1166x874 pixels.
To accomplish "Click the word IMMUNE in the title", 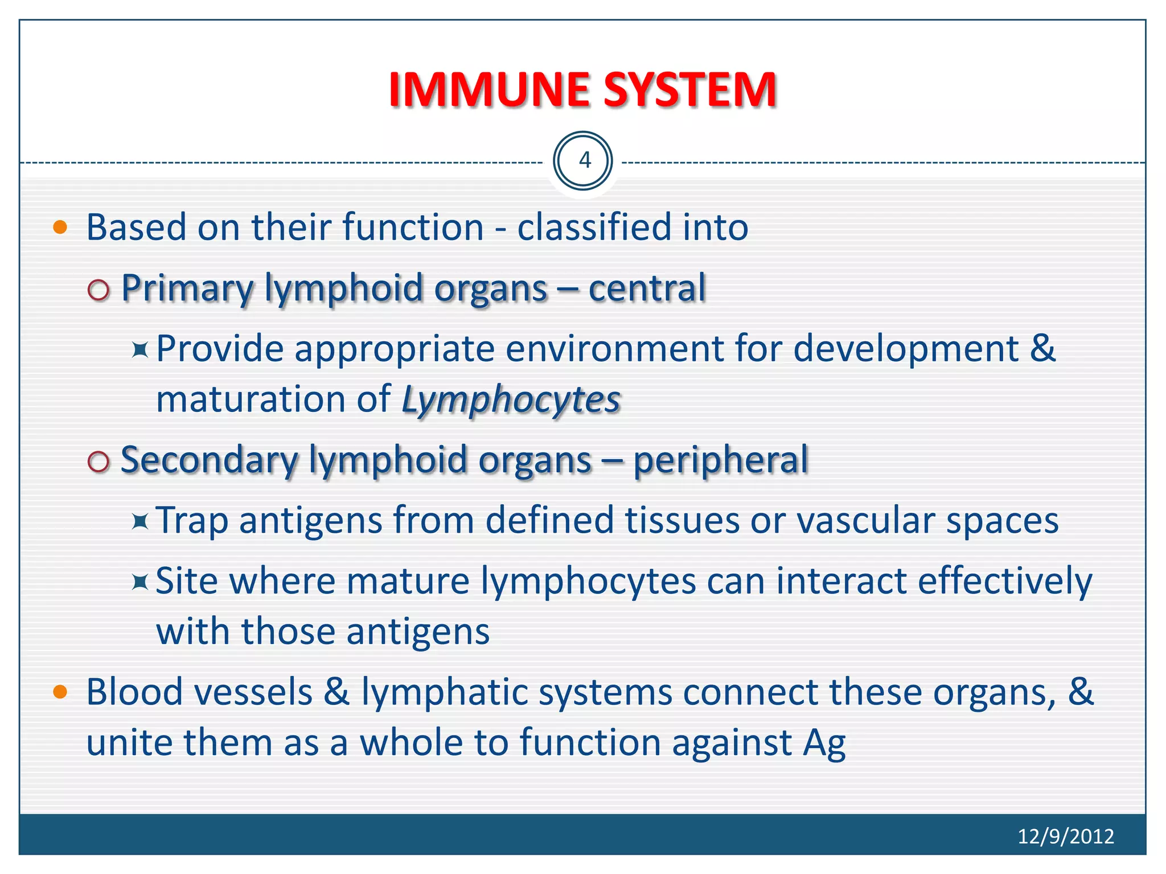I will click(490, 90).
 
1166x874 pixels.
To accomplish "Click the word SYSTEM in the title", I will click(690, 90).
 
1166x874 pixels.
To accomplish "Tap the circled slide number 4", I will click(583, 161).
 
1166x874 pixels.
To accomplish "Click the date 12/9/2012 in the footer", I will click(1065, 836).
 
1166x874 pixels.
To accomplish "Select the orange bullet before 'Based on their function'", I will click(60, 228).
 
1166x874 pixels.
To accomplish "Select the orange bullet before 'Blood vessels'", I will click(60, 692).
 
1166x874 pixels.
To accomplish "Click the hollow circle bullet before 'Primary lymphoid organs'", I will click(98, 290).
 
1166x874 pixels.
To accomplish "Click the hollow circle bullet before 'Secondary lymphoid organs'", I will click(98, 462).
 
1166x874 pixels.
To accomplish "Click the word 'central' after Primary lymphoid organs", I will click(647, 288).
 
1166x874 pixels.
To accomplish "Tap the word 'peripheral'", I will click(720, 460).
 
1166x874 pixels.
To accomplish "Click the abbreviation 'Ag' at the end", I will click(824, 743).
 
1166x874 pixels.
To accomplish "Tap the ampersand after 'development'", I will click(1042, 348).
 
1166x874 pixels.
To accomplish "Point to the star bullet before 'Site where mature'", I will click(139, 582).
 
